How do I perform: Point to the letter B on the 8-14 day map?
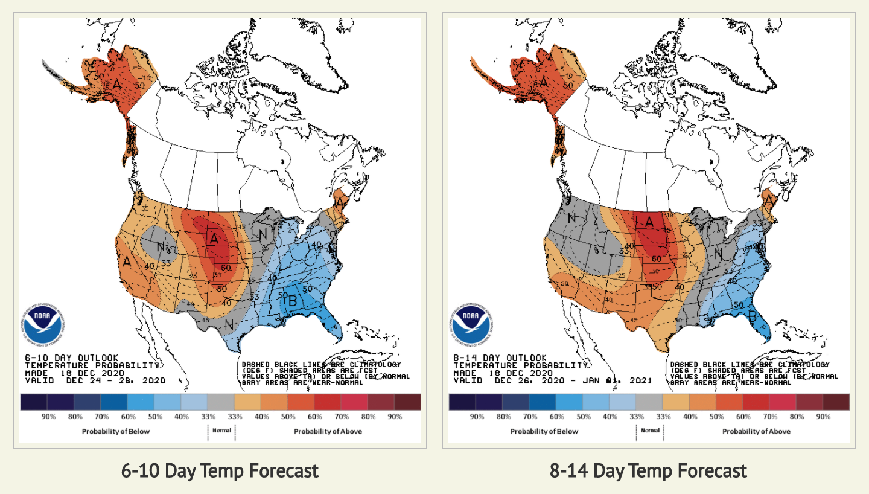[753, 315]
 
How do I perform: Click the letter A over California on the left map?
[127, 263]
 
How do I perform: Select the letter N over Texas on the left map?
[229, 324]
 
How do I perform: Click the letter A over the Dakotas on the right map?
[649, 222]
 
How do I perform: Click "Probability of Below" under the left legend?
[116, 431]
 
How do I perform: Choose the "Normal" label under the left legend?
[221, 431]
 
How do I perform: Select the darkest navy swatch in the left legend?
[33, 402]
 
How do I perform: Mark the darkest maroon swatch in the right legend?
[836, 402]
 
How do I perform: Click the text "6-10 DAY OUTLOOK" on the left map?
[72, 358]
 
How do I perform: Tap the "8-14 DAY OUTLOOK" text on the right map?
[500, 358]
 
